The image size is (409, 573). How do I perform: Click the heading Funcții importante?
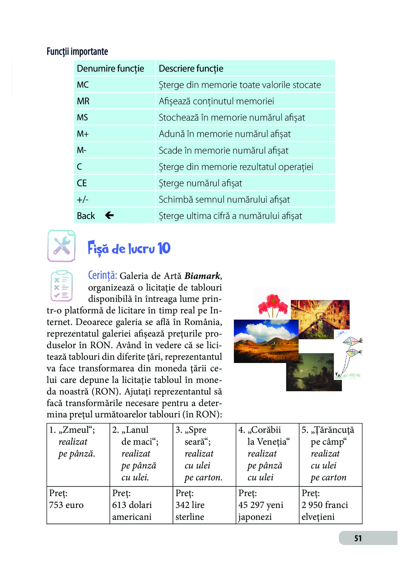(77, 51)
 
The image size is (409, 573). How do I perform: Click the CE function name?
(82, 183)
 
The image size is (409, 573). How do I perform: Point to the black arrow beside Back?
(109, 215)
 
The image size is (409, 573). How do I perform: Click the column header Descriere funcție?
(191, 69)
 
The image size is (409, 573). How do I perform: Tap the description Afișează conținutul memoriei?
(216, 101)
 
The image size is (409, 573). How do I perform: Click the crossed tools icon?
(61, 246)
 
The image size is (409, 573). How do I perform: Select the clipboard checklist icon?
(61, 286)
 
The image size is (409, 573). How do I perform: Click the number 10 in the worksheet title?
(164, 248)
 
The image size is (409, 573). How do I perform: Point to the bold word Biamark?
(202, 276)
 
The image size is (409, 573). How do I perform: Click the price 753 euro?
(66, 505)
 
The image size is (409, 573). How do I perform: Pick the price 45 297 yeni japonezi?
(261, 511)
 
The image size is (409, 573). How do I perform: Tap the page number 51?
(358, 538)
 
